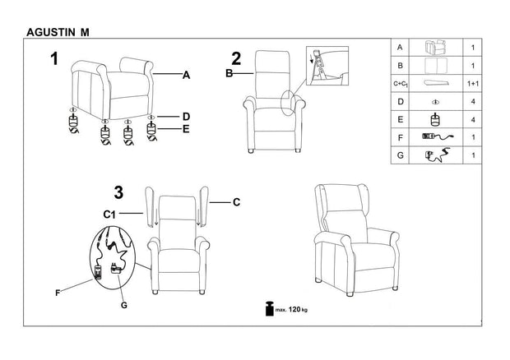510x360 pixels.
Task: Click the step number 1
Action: [54, 58]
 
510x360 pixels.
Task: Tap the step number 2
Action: [236, 58]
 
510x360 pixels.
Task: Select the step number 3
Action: [118, 193]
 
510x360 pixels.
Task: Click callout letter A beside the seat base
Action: [186, 75]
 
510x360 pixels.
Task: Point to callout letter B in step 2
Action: [229, 75]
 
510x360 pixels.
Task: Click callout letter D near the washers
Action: [186, 115]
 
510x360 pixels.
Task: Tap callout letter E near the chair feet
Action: [186, 129]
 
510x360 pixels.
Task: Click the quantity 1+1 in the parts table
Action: [473, 83]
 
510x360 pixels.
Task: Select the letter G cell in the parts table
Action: [400, 154]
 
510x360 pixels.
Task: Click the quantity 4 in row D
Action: [473, 101]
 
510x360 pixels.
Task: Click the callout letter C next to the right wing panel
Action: [235, 201]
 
